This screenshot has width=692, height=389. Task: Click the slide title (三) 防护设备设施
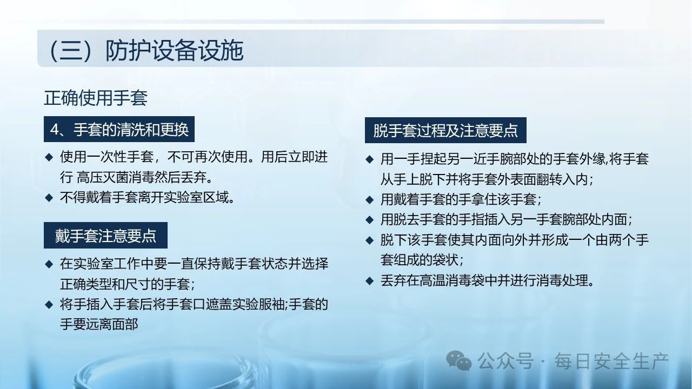click(x=146, y=50)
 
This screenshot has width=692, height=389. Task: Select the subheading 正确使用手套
click(x=96, y=98)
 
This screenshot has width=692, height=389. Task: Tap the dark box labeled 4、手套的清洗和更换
click(x=119, y=129)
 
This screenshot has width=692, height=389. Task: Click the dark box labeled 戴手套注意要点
click(x=105, y=235)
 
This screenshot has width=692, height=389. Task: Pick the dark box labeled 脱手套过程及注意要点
click(x=445, y=130)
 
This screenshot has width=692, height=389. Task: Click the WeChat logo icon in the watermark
click(x=459, y=360)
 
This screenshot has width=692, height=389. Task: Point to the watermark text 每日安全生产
click(x=611, y=361)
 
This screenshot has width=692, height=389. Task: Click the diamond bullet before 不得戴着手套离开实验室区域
click(x=49, y=197)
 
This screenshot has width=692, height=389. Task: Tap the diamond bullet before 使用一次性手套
click(x=49, y=157)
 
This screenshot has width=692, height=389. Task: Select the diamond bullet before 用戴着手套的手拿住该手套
click(x=369, y=199)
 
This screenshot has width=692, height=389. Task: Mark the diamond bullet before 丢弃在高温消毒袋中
click(x=369, y=280)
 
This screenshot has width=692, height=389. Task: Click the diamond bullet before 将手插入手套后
click(x=49, y=304)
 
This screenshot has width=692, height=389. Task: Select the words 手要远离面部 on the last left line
click(x=99, y=324)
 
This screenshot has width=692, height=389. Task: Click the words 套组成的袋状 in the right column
click(x=420, y=260)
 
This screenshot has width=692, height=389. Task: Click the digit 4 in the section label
click(x=55, y=129)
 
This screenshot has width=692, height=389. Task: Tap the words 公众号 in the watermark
click(x=505, y=361)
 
